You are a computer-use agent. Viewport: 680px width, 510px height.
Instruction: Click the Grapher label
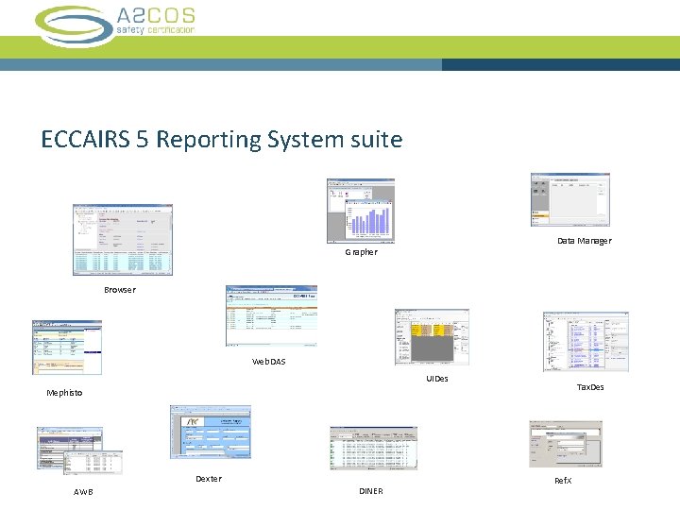click(x=361, y=252)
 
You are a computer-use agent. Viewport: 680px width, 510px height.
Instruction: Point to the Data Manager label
click(x=584, y=241)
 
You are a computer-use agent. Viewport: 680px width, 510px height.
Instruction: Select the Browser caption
click(x=120, y=290)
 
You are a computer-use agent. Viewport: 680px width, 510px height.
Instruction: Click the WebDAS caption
click(x=268, y=362)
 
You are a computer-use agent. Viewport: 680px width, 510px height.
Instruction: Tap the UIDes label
click(x=437, y=379)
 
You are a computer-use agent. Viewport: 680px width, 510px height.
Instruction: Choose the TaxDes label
click(x=590, y=387)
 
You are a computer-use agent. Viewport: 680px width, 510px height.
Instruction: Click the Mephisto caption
click(x=64, y=393)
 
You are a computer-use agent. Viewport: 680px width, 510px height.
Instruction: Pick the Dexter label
click(x=209, y=479)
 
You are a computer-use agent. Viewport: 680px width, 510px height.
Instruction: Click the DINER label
click(x=371, y=491)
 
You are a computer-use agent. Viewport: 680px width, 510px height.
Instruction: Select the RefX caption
click(x=563, y=481)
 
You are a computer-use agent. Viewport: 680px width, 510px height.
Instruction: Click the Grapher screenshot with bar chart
click(x=361, y=210)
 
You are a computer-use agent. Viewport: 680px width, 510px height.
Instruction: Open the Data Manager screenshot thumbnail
click(x=570, y=199)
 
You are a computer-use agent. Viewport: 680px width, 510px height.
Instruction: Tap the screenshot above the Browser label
click(x=123, y=240)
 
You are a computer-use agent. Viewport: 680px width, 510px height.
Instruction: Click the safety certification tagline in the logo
click(x=156, y=30)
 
